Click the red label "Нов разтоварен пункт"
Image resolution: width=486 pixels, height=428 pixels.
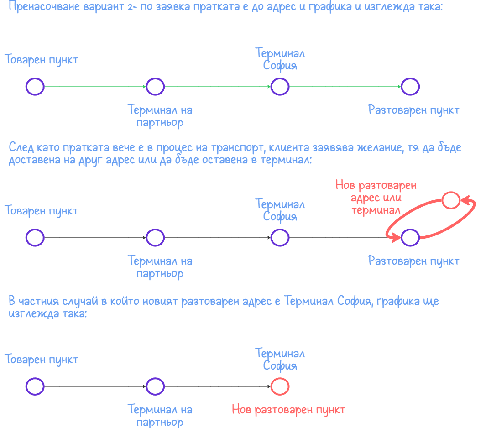(x=288, y=410)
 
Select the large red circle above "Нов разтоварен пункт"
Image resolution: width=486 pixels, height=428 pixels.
(x=280, y=387)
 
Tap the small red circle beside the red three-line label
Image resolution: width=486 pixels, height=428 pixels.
(x=451, y=200)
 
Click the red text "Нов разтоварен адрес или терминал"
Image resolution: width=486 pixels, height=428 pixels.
(x=376, y=198)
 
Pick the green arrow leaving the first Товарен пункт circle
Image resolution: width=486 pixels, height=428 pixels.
(x=95, y=86)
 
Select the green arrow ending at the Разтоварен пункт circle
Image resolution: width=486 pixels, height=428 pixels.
(x=345, y=86)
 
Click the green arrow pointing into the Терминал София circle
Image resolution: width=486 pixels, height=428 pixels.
(x=218, y=86)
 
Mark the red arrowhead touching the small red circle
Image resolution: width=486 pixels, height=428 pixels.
(x=464, y=200)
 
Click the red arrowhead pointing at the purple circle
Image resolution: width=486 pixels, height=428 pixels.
(x=393, y=236)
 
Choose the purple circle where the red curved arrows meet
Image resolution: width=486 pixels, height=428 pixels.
(x=410, y=238)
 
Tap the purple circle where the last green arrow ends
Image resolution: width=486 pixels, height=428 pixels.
(x=410, y=86)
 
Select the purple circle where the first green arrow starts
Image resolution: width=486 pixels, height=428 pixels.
(x=35, y=86)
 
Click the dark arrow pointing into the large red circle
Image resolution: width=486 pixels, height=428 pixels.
(x=218, y=387)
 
